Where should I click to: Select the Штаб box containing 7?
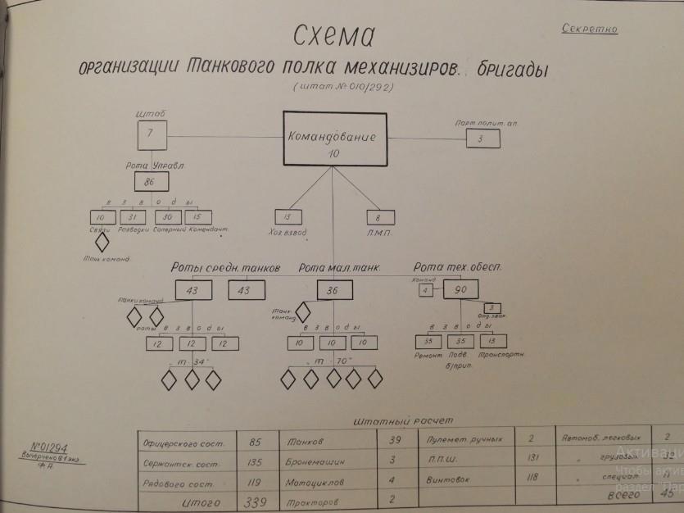coord(151,134)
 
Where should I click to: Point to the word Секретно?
coord(590,30)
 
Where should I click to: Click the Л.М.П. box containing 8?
coord(378,217)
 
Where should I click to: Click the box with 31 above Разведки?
coord(134,217)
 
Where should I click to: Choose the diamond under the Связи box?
coord(102,242)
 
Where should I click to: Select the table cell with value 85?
coord(254,443)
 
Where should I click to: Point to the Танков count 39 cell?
coord(392,442)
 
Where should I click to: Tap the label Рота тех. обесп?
coord(457,267)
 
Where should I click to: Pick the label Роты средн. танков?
coord(225,267)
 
